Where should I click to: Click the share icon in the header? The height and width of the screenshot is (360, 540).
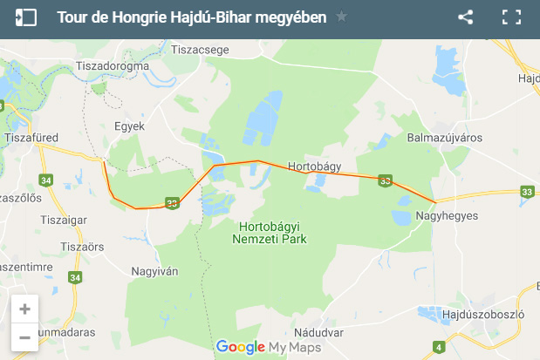[466, 17]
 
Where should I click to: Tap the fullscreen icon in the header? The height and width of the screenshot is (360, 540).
[511, 17]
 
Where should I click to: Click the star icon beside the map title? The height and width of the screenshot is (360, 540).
[341, 17]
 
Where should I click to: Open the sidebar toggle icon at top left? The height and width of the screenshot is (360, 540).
[26, 17]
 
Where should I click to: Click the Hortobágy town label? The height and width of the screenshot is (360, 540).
[314, 166]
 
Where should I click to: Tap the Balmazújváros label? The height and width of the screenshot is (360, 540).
[445, 138]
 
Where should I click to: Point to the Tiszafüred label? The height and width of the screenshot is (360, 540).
[31, 137]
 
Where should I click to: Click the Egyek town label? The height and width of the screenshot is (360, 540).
[129, 126]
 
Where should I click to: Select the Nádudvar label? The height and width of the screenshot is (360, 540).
[315, 331]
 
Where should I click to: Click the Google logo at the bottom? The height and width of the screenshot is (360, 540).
[240, 347]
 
